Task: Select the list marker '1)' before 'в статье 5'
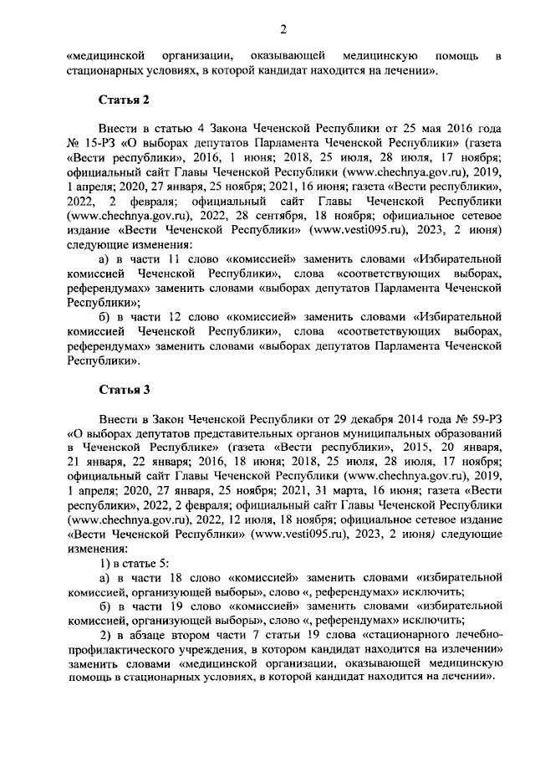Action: point(107,563)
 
